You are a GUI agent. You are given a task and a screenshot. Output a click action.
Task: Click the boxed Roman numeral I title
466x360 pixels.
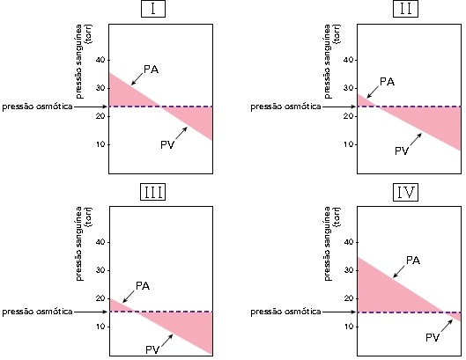click(x=153, y=9)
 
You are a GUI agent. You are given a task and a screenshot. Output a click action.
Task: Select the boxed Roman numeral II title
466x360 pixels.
click(x=405, y=9)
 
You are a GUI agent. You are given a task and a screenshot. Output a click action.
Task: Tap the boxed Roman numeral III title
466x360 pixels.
click(x=153, y=192)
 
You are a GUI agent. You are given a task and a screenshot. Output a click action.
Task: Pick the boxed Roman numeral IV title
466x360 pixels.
click(x=405, y=192)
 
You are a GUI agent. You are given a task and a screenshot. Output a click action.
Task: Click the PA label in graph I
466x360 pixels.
click(x=151, y=70)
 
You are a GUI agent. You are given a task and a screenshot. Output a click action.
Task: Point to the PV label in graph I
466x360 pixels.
click(x=167, y=145)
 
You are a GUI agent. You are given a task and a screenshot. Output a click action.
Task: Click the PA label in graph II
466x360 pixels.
click(x=388, y=82)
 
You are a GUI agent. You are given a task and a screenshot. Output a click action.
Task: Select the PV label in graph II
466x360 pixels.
click(x=402, y=151)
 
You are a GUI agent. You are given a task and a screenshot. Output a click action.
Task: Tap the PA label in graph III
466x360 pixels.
click(x=143, y=286)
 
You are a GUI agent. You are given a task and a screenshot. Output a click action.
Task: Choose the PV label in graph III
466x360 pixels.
click(x=152, y=350)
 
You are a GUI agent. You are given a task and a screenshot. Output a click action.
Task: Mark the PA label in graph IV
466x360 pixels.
click(x=413, y=261)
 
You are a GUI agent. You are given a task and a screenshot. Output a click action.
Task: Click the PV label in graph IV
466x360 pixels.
click(x=433, y=338)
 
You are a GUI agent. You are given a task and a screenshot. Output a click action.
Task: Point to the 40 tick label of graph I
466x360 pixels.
click(x=100, y=60)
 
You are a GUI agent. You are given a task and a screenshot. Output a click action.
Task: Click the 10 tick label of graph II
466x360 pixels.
click(x=349, y=144)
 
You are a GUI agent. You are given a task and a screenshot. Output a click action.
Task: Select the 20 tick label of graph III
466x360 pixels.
click(x=100, y=298)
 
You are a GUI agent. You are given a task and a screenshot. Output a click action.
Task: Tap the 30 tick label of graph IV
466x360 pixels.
click(x=349, y=270)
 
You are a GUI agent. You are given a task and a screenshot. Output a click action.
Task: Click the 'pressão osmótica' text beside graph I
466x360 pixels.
click(x=38, y=107)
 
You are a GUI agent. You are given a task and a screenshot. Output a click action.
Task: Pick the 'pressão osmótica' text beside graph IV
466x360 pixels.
click(x=286, y=312)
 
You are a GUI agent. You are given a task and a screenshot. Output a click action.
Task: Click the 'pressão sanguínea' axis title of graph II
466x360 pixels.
click(x=327, y=62)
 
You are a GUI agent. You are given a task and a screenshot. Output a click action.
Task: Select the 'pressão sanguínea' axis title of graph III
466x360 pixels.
click(x=78, y=244)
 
